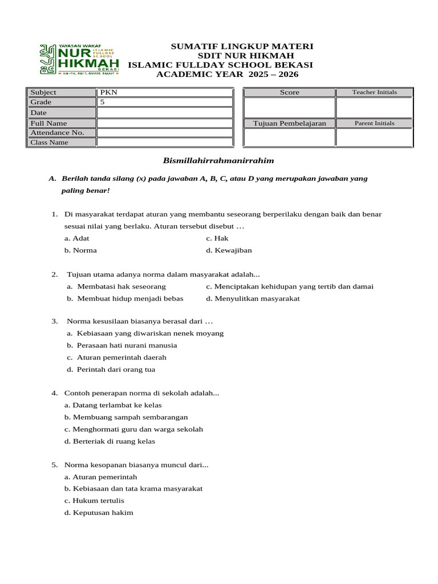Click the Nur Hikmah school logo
pos(79,59)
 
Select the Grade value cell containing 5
pos(164,102)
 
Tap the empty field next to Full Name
pos(164,123)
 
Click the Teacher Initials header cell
pos(374,92)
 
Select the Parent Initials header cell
pos(374,123)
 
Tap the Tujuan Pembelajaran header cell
pos(289,123)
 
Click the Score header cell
pos(289,92)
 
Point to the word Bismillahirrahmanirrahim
pos(219,161)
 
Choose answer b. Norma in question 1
pos(80,250)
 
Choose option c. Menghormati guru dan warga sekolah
pos(133,429)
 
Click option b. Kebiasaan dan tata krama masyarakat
pos(133,489)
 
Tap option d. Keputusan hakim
pos(99,513)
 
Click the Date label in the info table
pos(39,113)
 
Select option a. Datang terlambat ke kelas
pos(113,405)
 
